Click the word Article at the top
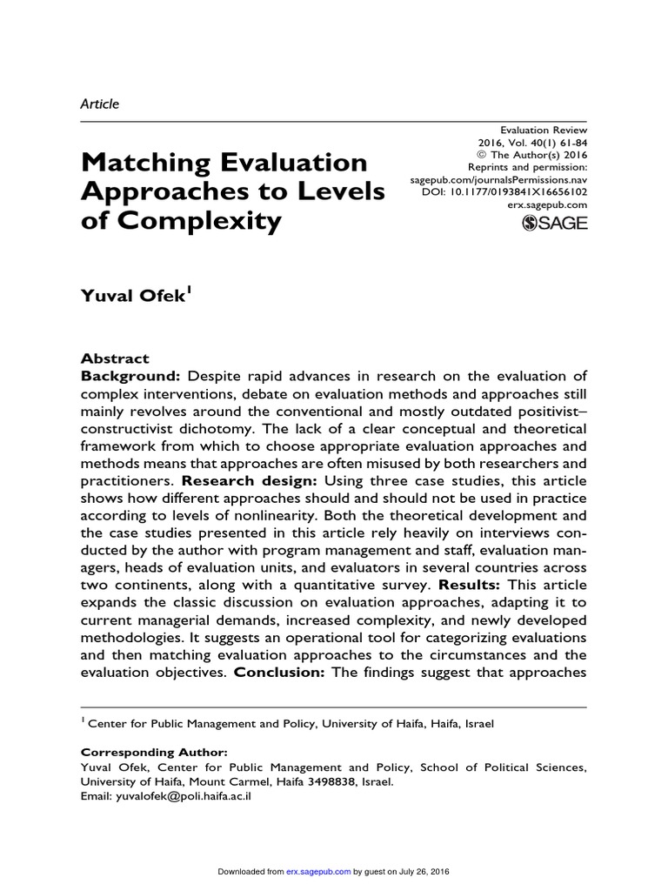(99, 104)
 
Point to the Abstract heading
(115, 358)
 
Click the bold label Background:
(130, 376)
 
